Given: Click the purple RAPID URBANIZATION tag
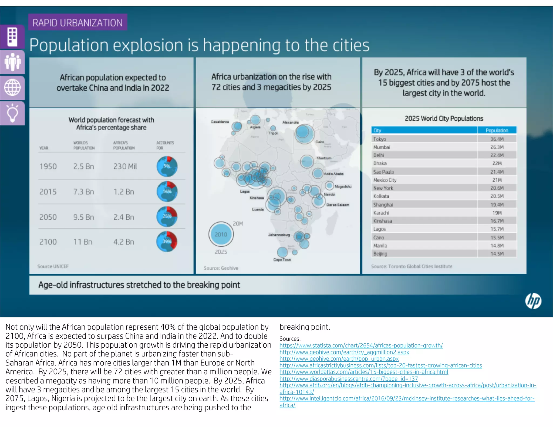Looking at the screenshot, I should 77,22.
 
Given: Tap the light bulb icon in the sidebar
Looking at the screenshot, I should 12,114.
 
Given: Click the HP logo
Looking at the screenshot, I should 533,301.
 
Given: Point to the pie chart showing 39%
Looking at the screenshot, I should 167,242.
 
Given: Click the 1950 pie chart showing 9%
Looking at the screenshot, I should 167,166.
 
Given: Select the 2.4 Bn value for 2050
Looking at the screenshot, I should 124,217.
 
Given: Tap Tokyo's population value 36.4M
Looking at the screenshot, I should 497,139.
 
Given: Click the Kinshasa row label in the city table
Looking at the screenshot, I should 382,221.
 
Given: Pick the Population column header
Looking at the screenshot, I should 497,130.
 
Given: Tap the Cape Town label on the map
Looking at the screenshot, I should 282,260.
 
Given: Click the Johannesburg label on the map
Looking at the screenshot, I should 279,235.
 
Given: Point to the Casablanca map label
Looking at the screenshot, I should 220,122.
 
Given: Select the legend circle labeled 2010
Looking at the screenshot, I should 221,234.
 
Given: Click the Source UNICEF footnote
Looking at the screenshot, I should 53,266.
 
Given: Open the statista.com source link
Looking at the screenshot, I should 361,345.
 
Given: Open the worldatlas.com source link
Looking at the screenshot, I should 364,372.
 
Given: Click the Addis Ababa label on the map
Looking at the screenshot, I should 333,174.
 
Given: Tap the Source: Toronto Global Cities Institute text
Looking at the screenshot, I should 412,266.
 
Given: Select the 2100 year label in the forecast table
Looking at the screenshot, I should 48,242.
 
